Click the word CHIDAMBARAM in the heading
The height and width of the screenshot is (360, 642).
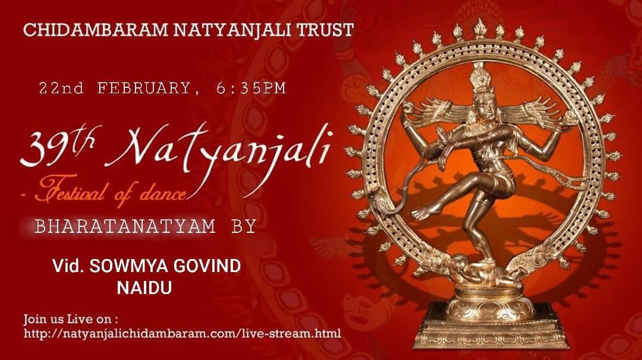pos(96,30)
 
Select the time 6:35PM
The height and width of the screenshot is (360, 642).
pos(251,89)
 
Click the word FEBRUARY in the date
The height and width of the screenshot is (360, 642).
pos(143,89)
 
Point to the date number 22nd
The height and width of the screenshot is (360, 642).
pos(61,89)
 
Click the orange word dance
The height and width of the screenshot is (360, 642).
pos(163,193)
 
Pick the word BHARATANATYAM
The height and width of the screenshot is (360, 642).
pos(125,226)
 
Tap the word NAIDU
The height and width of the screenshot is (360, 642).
pos(144,288)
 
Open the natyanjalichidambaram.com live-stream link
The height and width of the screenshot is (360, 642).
pos(182,333)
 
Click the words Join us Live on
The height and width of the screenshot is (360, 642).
pos(70,318)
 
